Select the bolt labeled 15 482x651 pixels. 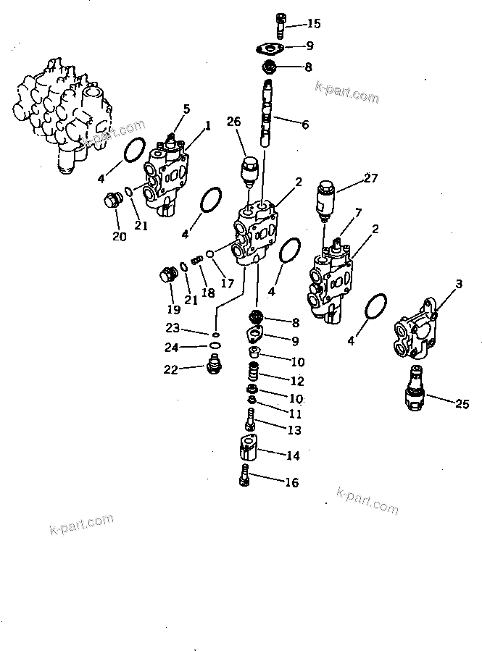[x=282, y=26]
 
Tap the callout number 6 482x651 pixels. [x=305, y=125]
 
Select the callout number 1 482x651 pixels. [x=207, y=125]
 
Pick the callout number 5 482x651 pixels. [x=186, y=109]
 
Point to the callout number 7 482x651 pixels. [x=357, y=212]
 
